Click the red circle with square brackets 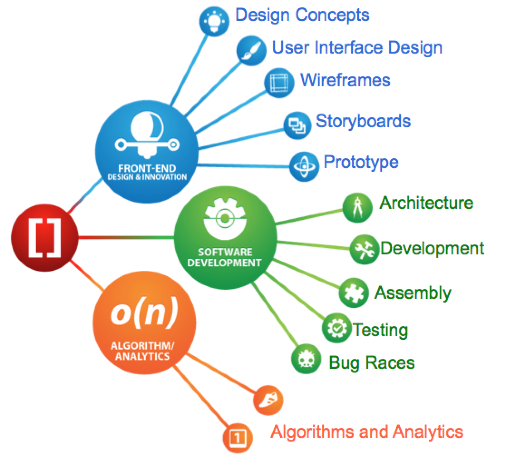click(44, 237)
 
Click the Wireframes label click(345, 80)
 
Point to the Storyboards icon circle click(297, 124)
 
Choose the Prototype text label click(361, 162)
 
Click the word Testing click(380, 330)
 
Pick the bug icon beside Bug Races click(305, 358)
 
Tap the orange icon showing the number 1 click(238, 437)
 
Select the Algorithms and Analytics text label click(367, 431)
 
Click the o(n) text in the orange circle click(144, 314)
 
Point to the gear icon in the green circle click(225, 219)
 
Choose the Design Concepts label click(302, 15)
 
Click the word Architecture click(426, 203)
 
